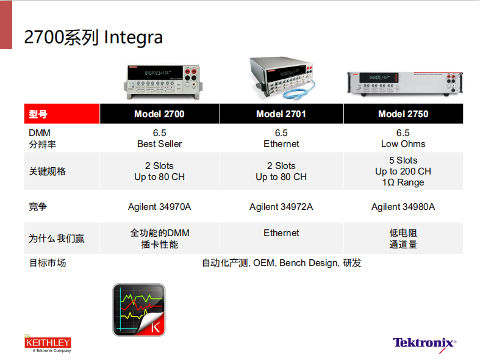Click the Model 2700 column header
(x=159, y=114)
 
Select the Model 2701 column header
(x=281, y=114)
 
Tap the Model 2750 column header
(x=403, y=114)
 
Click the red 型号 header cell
(x=62, y=114)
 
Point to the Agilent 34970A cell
(x=159, y=207)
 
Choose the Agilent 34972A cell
(x=281, y=207)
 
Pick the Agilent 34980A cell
(x=403, y=207)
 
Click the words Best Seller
(x=159, y=144)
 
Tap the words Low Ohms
(x=403, y=144)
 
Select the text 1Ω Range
(x=403, y=182)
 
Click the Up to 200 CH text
(x=403, y=171)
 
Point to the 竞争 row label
(x=38, y=207)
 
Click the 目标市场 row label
(x=48, y=263)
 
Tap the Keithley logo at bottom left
(x=48, y=344)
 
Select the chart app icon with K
(x=139, y=310)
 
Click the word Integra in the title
(x=133, y=38)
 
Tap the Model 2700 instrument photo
(x=163, y=82)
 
